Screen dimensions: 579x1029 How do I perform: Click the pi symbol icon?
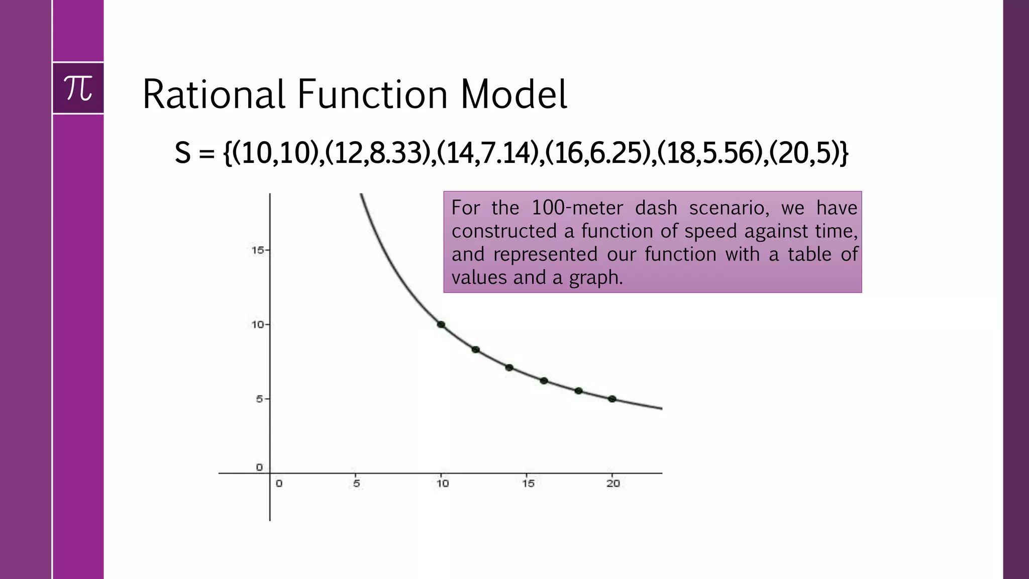click(78, 88)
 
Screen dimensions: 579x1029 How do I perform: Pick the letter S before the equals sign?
click(183, 153)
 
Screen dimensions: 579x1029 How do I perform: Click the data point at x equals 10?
click(441, 325)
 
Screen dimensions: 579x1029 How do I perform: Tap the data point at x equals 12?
click(475, 350)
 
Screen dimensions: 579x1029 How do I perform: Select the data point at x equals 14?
click(509, 368)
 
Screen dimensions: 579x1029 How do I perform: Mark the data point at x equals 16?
click(544, 381)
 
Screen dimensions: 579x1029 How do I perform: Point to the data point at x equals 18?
click(578, 391)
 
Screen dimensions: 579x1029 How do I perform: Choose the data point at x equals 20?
click(612, 399)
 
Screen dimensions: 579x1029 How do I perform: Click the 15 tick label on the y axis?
click(257, 250)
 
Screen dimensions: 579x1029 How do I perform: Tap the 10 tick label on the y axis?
click(257, 325)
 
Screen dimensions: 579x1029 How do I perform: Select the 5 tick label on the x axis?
click(356, 484)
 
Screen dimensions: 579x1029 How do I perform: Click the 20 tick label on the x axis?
click(613, 484)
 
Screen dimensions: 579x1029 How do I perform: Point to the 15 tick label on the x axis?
click(528, 484)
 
